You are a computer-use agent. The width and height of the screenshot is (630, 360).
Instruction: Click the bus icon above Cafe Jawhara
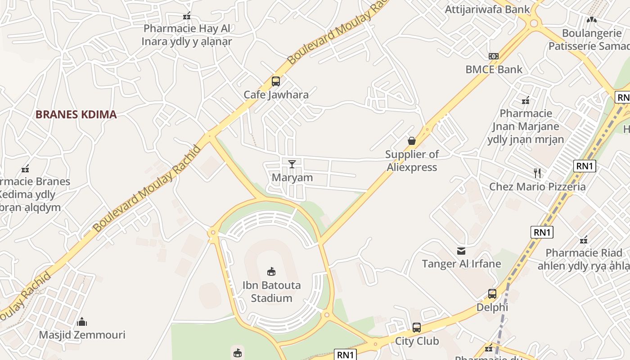click(x=276, y=81)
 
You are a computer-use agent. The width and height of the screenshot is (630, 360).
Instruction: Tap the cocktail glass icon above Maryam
click(x=292, y=164)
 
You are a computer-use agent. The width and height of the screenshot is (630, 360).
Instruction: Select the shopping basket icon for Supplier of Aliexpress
click(x=412, y=141)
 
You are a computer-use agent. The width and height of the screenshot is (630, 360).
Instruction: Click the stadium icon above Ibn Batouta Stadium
click(x=271, y=271)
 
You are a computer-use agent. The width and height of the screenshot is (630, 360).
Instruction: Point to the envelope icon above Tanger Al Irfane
click(x=461, y=251)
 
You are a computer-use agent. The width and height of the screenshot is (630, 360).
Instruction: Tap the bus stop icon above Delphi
click(x=492, y=294)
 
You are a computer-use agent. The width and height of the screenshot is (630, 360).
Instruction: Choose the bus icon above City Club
click(x=417, y=327)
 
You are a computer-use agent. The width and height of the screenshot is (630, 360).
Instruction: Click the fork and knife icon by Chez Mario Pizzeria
click(x=537, y=173)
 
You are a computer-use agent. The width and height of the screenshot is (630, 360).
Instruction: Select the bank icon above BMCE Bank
click(x=494, y=56)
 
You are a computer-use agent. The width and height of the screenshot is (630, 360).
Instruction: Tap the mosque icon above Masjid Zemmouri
click(x=82, y=322)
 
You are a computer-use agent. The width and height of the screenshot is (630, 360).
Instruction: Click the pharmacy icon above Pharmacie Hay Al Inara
click(x=187, y=16)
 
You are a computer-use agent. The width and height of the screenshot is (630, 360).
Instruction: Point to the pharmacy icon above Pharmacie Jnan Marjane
click(x=525, y=100)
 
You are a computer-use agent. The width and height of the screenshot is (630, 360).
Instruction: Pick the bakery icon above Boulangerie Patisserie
click(x=591, y=20)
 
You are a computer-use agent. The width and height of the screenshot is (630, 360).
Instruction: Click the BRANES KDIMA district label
click(x=76, y=114)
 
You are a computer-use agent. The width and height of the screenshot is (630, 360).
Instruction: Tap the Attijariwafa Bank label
click(x=488, y=9)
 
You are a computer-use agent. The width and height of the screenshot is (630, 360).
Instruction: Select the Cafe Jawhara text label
click(x=276, y=94)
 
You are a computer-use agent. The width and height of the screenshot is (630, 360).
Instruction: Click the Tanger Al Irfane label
click(x=461, y=264)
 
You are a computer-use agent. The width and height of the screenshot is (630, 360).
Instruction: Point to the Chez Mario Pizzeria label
click(x=537, y=186)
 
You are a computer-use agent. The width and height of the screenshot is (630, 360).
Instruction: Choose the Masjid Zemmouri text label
click(x=82, y=335)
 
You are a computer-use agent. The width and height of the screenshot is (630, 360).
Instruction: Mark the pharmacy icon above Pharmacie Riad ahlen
click(x=584, y=240)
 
